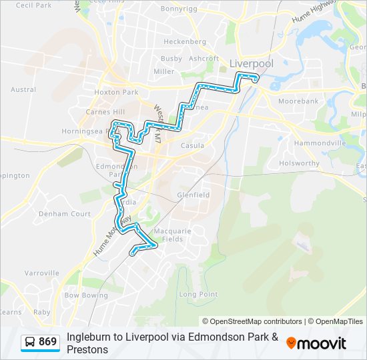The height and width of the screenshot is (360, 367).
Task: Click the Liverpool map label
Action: pos(251,63)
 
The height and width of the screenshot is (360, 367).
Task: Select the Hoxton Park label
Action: pos(115,92)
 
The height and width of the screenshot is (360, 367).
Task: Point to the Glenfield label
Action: pos(193,195)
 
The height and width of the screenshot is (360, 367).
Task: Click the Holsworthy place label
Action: pos(300,162)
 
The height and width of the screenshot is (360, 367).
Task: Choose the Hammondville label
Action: pos(320,143)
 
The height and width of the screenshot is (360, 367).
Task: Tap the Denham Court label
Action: pos(65,214)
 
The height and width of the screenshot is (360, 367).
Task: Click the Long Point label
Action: pos(198,294)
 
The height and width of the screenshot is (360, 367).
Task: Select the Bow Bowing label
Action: pos(86,295)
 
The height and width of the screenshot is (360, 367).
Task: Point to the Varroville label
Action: pos(42,273)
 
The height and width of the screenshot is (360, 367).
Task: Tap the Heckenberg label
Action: pos(185,41)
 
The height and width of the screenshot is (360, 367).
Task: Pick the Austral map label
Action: pos(23,89)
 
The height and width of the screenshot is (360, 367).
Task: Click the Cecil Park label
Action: pos(33,5)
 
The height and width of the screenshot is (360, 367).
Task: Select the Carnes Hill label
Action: pos(105,112)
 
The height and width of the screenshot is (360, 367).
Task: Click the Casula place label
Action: pos(193,145)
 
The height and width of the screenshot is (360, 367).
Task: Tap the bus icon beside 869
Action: pos(30,342)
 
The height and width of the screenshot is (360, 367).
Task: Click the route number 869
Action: pos(47,342)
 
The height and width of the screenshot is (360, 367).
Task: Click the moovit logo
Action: pos(316,343)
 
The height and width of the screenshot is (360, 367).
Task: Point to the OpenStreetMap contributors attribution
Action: pos(252,321)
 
